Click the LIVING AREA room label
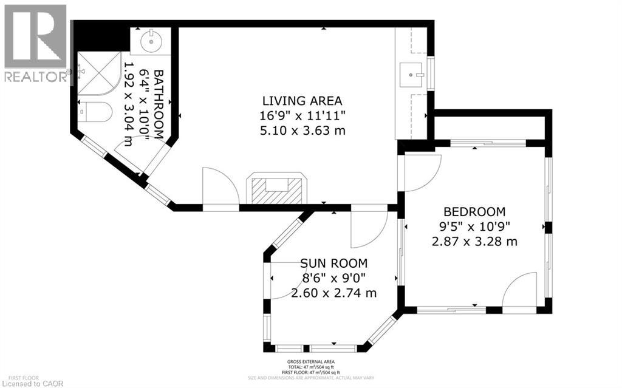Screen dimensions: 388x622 point(302,101)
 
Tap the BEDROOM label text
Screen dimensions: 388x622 point(474,212)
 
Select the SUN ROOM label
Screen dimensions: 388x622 point(333,264)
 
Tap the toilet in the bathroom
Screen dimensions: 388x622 point(96,112)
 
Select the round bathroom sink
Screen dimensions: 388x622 point(150,42)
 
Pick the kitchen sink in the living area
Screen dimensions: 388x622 point(415,75)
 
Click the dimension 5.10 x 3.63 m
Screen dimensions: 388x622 point(302,130)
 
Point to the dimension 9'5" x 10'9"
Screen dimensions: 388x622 point(474,226)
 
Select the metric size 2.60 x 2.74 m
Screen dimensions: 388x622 point(333,293)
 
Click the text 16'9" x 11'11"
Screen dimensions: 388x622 point(302,115)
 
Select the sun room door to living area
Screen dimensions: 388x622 point(368,230)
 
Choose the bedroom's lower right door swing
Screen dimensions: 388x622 point(521,291)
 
